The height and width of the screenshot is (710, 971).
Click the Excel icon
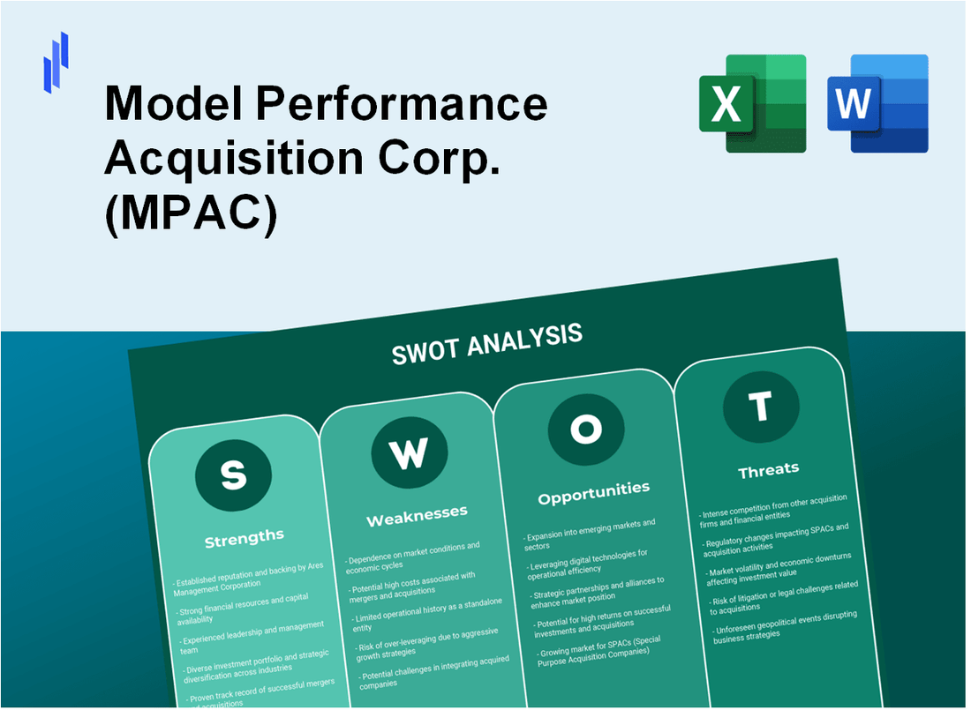(x=752, y=103)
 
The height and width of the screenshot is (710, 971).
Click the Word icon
(x=877, y=103)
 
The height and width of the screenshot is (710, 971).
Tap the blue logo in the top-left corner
(x=56, y=62)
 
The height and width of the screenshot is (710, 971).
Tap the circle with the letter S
(x=233, y=475)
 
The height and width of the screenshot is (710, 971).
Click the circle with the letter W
(x=409, y=453)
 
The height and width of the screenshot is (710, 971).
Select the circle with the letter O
(x=585, y=430)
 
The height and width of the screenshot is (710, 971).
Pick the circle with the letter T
(x=760, y=407)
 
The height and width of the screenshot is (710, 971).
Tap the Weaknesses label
(x=417, y=514)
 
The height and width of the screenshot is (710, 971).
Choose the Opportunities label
(x=593, y=491)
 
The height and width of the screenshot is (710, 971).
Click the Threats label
(x=768, y=469)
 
